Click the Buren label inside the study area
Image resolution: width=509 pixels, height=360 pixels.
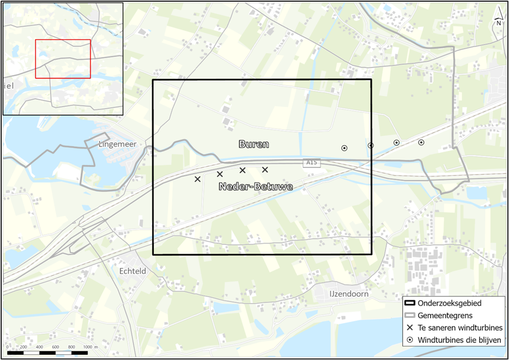click(254, 144)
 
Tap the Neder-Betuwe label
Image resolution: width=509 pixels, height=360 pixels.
click(255, 187)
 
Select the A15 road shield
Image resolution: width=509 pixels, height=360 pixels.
click(312, 162)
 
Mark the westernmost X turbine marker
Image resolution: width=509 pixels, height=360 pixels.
click(197, 179)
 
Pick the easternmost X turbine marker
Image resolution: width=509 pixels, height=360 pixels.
click(265, 170)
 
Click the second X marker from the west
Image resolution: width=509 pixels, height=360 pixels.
click(220, 174)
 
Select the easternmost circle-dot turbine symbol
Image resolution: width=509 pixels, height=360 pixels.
click(421, 142)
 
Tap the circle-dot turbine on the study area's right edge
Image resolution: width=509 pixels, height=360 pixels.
click(370, 146)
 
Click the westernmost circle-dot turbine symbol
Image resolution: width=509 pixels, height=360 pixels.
click(345, 148)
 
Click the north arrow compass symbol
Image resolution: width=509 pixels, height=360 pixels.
click(498, 21)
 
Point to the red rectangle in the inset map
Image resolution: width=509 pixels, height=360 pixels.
click(63, 59)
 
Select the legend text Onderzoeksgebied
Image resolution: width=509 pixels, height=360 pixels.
click(450, 303)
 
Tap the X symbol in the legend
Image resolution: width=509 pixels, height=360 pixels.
click(409, 328)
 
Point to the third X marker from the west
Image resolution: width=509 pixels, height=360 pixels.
click(242, 170)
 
